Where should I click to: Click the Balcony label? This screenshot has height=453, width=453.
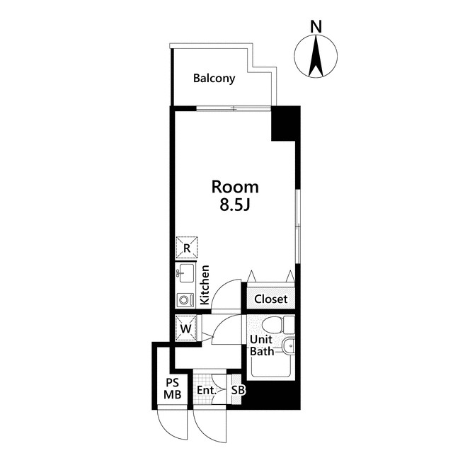coord(214,79)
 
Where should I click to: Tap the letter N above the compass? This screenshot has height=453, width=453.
coord(316,27)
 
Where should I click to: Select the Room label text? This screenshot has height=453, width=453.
coord(235,187)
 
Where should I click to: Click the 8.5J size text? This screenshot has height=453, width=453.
coord(234,205)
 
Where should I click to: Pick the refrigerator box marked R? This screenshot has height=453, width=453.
coord(187,247)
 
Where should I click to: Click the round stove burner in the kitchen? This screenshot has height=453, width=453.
coord(183,300)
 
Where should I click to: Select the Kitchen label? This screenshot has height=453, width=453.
coord(205,285)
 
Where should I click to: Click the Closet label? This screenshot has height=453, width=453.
coord(270,299)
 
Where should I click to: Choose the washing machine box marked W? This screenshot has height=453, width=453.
coord(185,328)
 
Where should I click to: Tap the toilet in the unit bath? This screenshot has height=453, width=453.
coord(278,324)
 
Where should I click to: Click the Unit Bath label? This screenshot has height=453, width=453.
coord(262,345)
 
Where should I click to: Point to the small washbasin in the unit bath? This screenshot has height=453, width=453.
coord(288,346)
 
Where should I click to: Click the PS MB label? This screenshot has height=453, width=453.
coord(173,389)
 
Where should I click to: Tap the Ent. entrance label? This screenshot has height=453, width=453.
coord(207,391)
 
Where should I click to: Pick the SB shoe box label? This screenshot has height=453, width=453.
coord(238,391)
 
